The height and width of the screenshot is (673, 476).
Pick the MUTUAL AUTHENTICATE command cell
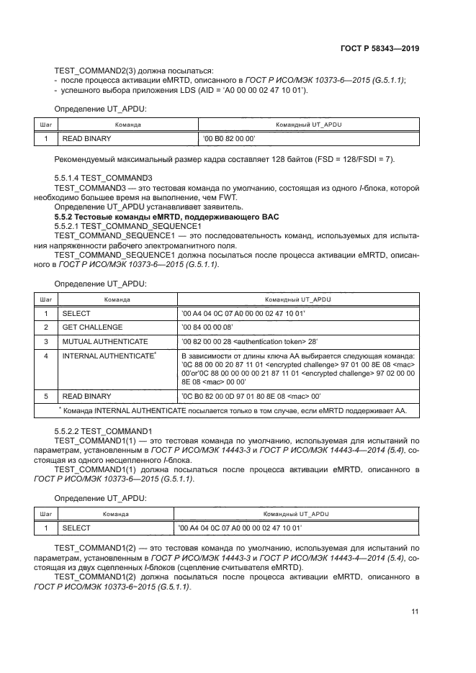click(x=105, y=340)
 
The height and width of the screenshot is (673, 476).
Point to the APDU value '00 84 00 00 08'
click(x=213, y=326)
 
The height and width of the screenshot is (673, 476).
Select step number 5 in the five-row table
click(x=45, y=396)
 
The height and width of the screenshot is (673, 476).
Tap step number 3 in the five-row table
click(x=45, y=340)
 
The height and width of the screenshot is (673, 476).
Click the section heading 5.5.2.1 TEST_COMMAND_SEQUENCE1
click(x=128, y=226)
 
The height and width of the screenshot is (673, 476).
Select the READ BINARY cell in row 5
click(x=87, y=396)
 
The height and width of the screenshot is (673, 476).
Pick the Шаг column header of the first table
click(x=45, y=125)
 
